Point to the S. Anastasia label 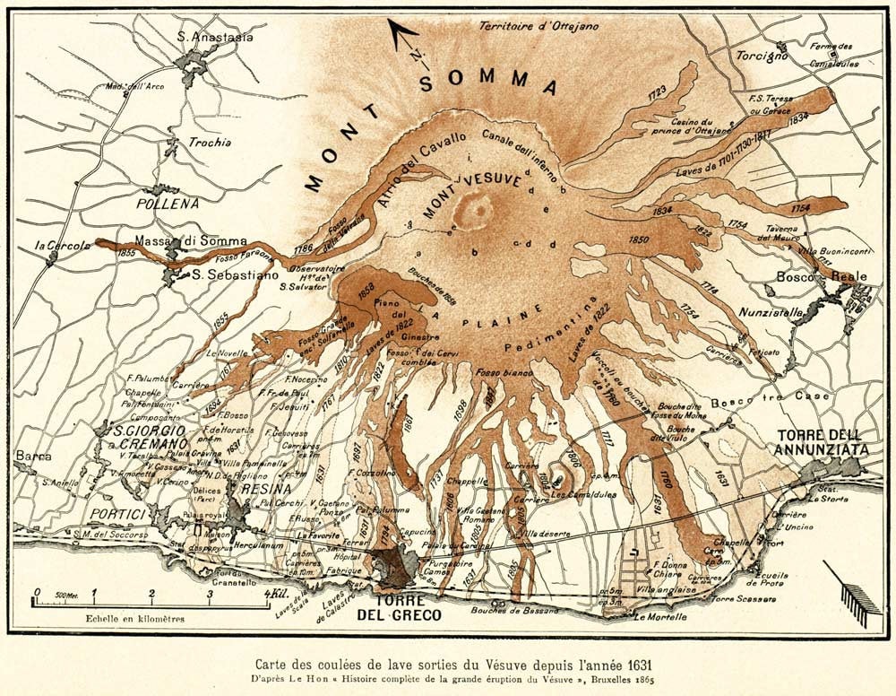coord(211,37)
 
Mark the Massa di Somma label coord(178,240)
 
